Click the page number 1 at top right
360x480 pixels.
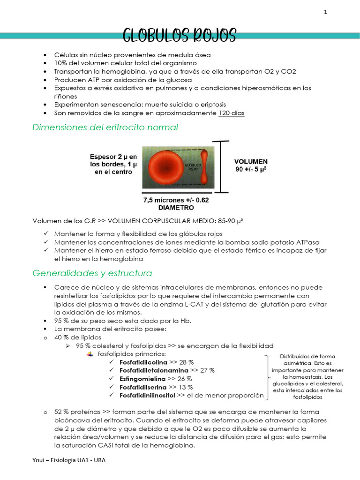pyautogui.click(x=325, y=13)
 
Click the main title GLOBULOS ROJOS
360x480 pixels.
pyautogui.click(x=180, y=35)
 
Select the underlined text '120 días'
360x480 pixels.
pyautogui.click(x=231, y=113)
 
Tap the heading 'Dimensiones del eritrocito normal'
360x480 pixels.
pyautogui.click(x=105, y=127)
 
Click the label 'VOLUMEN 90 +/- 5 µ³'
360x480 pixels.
pyautogui.click(x=251, y=165)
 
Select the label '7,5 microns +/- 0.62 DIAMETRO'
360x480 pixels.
pyautogui.click(x=176, y=203)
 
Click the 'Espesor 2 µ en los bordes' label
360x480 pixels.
pyautogui.click(x=113, y=164)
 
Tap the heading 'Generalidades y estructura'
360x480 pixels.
pyautogui.click(x=92, y=273)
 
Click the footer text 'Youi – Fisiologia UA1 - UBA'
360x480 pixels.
pyautogui.click(x=69, y=460)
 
